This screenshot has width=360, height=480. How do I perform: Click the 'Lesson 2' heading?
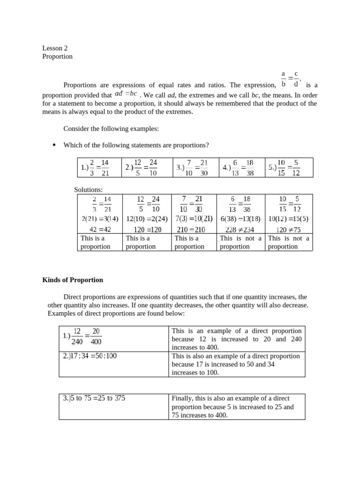55,48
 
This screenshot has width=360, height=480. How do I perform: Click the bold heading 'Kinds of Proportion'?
73,280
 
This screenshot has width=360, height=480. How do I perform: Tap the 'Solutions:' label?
88,190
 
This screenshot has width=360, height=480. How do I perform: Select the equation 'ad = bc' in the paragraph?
126,94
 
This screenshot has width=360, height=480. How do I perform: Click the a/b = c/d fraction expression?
291,79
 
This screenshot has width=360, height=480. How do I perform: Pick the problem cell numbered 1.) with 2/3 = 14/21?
99,167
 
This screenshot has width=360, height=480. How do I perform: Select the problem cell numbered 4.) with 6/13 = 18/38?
241,167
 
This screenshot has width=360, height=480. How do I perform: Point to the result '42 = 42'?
100,229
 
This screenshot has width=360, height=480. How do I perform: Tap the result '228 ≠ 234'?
241,229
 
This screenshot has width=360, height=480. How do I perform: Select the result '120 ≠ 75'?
288,229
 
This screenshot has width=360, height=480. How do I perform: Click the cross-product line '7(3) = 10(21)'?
194,218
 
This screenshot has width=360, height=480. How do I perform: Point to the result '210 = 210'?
194,229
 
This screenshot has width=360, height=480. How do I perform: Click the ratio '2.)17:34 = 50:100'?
90,356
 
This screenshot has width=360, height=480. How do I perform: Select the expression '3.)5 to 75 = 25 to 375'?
94,398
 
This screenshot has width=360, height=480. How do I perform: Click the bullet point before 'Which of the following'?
54,145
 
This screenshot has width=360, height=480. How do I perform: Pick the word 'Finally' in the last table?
182,398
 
